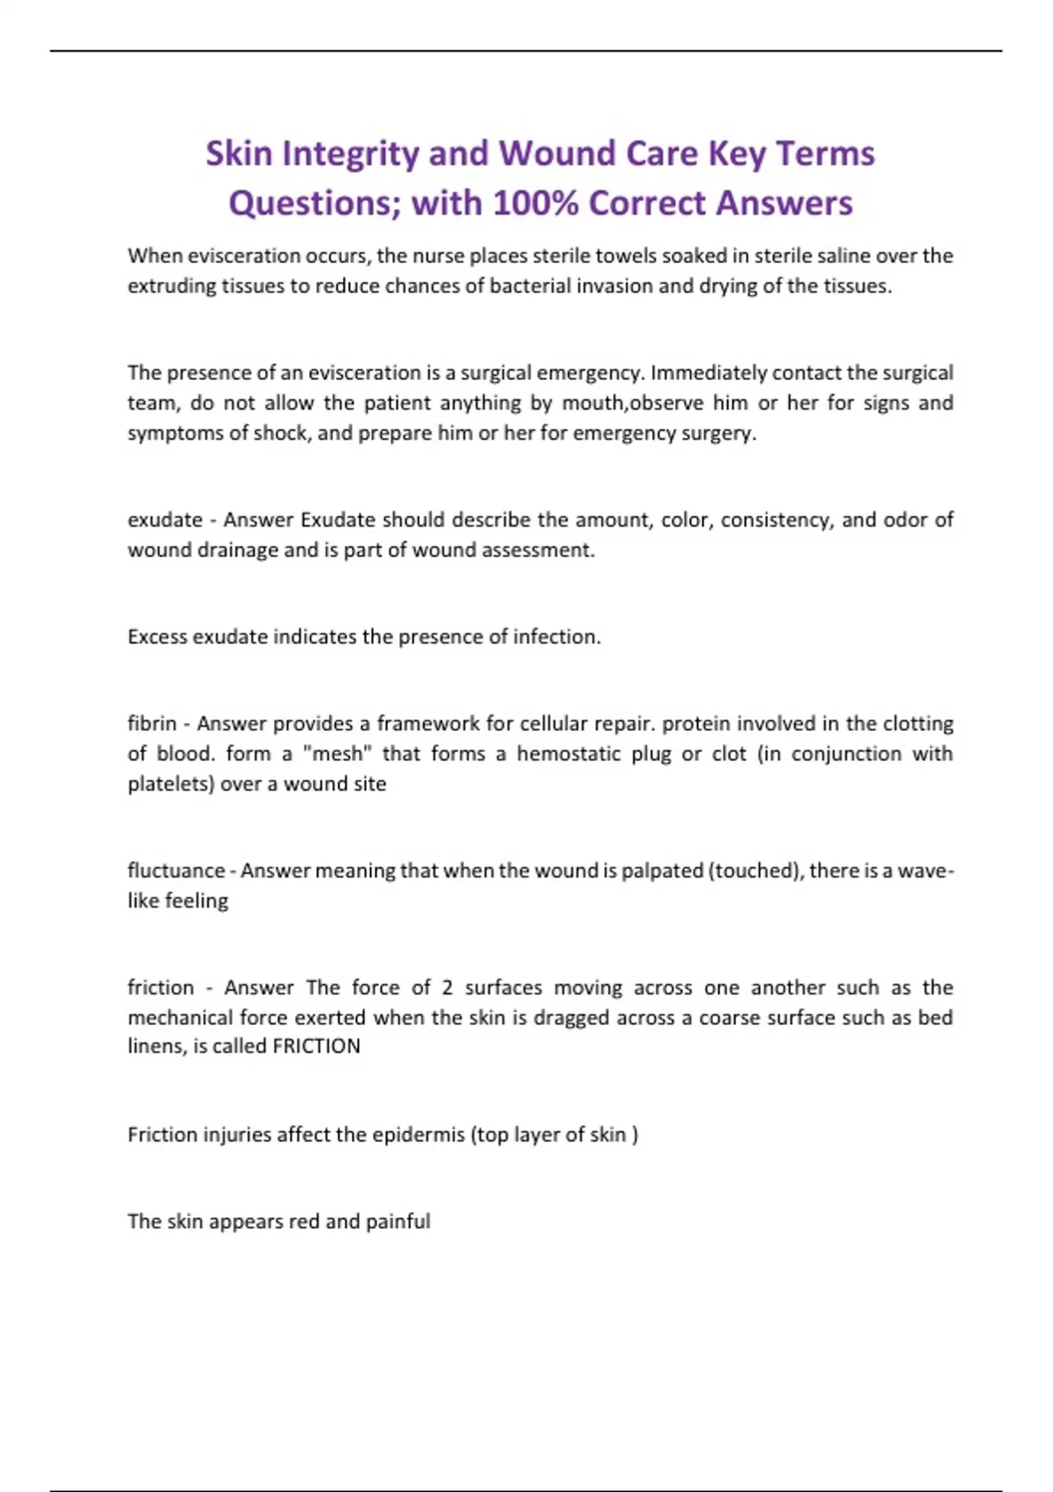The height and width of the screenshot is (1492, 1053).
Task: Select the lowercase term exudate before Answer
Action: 165,520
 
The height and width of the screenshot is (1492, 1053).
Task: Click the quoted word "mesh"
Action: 338,754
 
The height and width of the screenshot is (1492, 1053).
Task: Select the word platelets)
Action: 171,784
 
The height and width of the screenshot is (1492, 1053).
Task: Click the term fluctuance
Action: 176,871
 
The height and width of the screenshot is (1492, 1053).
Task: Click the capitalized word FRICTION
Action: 316,1046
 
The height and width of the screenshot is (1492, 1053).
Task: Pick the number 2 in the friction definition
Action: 448,988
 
